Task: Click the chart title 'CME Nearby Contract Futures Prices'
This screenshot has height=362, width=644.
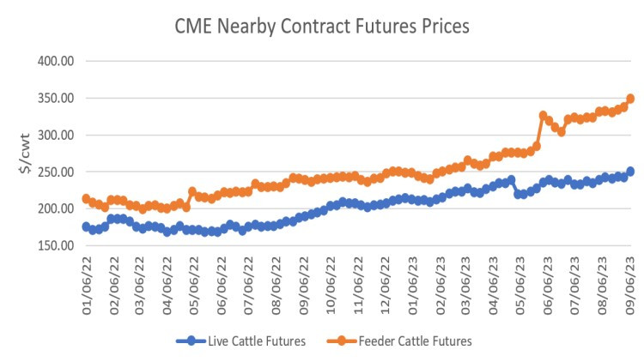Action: tap(322, 27)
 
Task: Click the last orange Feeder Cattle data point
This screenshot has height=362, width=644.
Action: tap(630, 99)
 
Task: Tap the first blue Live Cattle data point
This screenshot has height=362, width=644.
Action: tap(86, 226)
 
